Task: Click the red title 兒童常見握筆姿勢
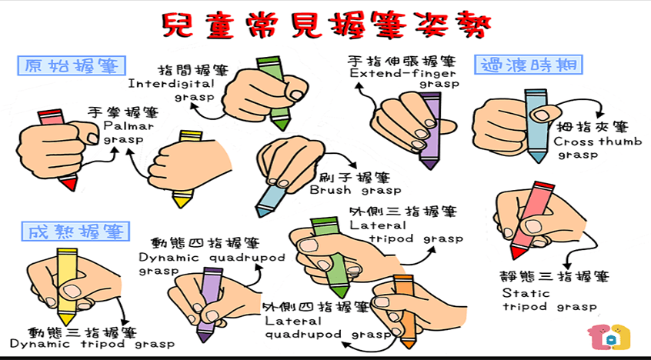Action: [326, 25]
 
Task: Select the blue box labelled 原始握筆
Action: [72, 65]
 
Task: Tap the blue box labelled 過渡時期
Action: [529, 65]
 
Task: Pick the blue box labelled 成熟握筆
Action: [75, 232]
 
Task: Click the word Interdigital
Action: [171, 84]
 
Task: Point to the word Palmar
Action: [129, 125]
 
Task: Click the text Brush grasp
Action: [356, 191]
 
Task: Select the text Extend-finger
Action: [402, 74]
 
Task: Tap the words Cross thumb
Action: [597, 142]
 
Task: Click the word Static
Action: [526, 293]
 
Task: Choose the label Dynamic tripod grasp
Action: [92, 344]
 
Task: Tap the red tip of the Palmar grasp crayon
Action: [69, 183]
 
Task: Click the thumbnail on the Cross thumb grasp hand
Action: [541, 115]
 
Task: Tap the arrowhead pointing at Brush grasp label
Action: [353, 165]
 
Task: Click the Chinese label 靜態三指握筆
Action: [554, 276]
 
